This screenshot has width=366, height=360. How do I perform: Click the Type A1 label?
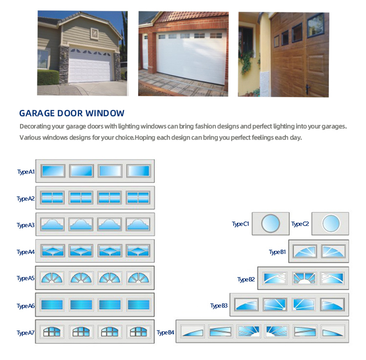pyautogui.click(x=26, y=172)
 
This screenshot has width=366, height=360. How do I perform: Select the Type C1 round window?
pyautogui.click(x=270, y=223)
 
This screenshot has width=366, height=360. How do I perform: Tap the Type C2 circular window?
pyautogui.click(x=331, y=223)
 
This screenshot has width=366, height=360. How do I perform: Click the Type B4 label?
pyautogui.click(x=165, y=333)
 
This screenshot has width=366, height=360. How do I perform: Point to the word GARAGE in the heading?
pyautogui.click(x=37, y=113)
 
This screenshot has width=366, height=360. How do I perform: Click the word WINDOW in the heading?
pyautogui.click(x=105, y=113)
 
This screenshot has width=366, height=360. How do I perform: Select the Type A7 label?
pyautogui.click(x=26, y=333)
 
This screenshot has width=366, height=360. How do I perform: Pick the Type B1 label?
pyautogui.click(x=277, y=252)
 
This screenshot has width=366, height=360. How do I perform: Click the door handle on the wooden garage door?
pyautogui.click(x=308, y=89)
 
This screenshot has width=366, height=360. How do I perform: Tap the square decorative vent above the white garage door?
pyautogui.click(x=94, y=34)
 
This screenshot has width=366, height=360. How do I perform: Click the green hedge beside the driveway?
pyautogui.click(x=48, y=77)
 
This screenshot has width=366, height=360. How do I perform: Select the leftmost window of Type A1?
pyautogui.click(x=53, y=171)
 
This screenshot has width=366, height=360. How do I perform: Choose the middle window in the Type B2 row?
pyautogui.click(x=304, y=278)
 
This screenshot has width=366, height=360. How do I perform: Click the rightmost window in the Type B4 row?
pyautogui.click(x=333, y=331)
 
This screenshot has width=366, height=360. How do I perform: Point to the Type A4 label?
pyautogui.click(x=26, y=252)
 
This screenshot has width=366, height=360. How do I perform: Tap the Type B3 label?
pyautogui.click(x=219, y=306)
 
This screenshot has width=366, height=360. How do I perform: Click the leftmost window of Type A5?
pyautogui.click(x=52, y=278)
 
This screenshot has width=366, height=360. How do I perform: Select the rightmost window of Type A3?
pyautogui.click(x=138, y=224)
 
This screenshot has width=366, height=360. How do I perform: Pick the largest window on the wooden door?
pyautogui.click(x=316, y=25)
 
